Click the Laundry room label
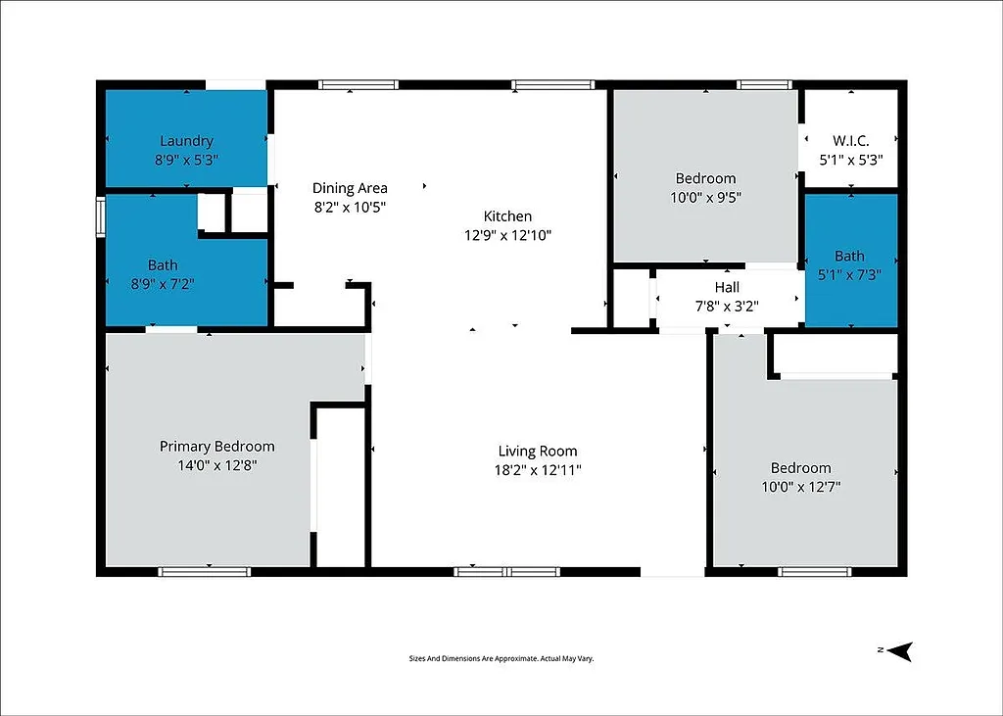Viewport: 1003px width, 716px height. (186, 141)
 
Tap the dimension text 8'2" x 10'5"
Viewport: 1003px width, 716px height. (350, 207)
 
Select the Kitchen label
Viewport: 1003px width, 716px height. (507, 216)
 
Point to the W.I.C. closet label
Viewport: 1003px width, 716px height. (850, 140)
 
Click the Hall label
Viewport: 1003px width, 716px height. (727, 287)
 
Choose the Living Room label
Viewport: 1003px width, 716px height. (538, 452)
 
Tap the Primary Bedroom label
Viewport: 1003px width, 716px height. (217, 447)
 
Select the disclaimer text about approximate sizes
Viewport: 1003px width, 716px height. (501, 659)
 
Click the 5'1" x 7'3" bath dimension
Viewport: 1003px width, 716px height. (850, 275)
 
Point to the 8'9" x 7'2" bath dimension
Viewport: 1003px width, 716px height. (163, 284)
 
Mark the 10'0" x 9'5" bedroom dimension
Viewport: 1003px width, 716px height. (705, 197)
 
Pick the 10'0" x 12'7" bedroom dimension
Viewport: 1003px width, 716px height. (800, 487)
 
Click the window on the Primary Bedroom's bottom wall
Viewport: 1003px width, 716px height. (205, 571)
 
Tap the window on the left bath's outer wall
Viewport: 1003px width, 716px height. (100, 217)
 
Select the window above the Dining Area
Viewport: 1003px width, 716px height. (358, 85)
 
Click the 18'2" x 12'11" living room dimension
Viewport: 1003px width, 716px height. (538, 470)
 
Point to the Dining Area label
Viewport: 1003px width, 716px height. (350, 188)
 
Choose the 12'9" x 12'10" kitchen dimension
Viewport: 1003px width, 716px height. (507, 235)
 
